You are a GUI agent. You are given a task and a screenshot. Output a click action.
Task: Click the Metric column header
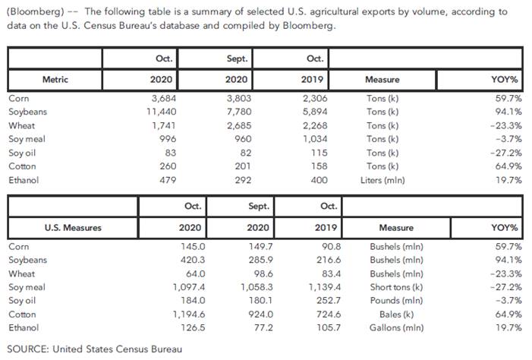pyautogui.click(x=55, y=79)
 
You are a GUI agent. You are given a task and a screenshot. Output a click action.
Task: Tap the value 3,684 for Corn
pyautogui.click(x=162, y=98)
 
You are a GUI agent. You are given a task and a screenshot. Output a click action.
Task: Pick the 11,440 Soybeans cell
pyautogui.click(x=159, y=112)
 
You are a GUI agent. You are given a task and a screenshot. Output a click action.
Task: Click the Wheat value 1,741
pyautogui.click(x=162, y=125)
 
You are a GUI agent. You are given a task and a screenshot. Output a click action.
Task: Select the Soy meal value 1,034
pyautogui.click(x=311, y=139)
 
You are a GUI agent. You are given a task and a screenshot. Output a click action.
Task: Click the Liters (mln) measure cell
pyautogui.click(x=382, y=180)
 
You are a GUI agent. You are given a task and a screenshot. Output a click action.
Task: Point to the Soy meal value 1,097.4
pyautogui.click(x=192, y=287)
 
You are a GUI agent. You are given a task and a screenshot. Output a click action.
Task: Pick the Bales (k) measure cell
pyautogui.click(x=395, y=314)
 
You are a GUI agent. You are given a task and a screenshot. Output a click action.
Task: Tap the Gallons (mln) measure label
pyautogui.click(x=395, y=328)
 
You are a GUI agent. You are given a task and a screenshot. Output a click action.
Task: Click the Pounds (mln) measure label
pyautogui.click(x=395, y=301)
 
